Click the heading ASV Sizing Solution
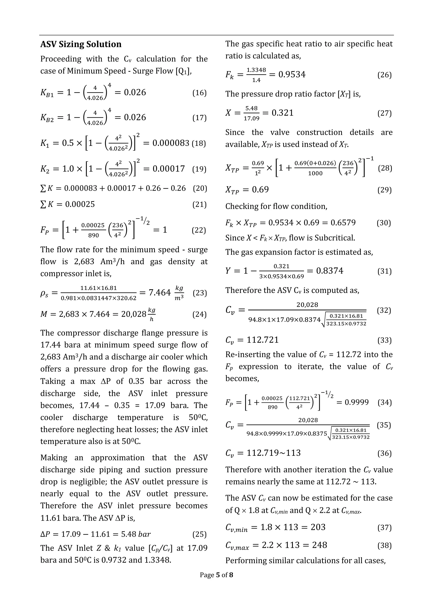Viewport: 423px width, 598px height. point(81,44)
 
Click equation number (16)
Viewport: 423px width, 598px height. point(199,93)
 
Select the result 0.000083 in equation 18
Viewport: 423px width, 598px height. point(171,143)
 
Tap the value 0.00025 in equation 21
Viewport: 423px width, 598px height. point(80,204)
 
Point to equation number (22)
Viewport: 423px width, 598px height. point(199,230)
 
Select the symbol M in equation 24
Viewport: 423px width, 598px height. point(44,314)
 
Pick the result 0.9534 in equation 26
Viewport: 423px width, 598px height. point(292,75)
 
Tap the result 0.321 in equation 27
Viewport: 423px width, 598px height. point(283,113)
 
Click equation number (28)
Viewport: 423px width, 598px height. point(385,168)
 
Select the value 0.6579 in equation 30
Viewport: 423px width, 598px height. point(343,223)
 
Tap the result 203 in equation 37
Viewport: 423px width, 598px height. point(318,527)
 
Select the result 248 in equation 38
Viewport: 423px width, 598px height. point(319,545)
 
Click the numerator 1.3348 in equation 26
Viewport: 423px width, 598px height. point(256,70)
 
